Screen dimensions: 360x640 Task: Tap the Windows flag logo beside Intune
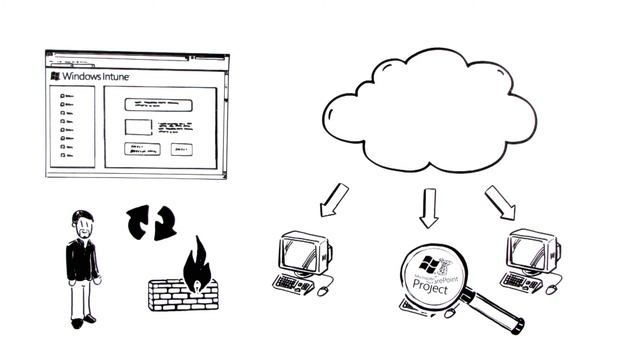pos(54,76)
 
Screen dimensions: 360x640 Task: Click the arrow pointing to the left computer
pos(333,200)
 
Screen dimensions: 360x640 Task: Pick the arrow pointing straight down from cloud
pos(429,207)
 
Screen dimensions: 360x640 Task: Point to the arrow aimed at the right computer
pos(500,202)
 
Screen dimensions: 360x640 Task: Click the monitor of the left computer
pos(302,251)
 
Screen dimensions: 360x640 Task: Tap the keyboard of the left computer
pos(293,283)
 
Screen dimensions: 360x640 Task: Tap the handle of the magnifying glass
pos(497,313)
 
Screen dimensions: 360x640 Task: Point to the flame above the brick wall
pos(195,262)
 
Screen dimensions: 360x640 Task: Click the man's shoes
pos(83,321)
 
